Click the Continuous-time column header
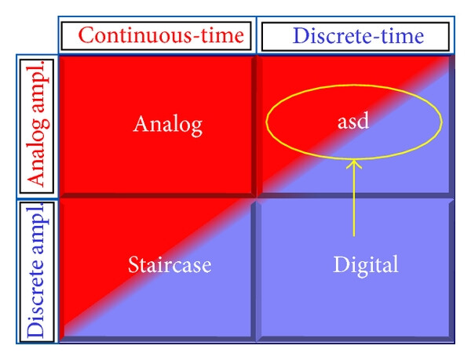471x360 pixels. click(161, 35)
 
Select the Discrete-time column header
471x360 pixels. click(358, 36)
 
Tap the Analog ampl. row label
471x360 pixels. click(38, 126)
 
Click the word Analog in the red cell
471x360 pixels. click(168, 125)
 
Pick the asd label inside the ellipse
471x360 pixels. click(353, 122)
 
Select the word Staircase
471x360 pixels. click(170, 264)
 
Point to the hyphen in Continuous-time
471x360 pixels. click(196, 38)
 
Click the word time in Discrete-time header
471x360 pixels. click(402, 36)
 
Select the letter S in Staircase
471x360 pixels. click(133, 264)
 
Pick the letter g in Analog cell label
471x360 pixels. click(196, 129)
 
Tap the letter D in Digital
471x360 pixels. click(340, 264)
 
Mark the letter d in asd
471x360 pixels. click(363, 122)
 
